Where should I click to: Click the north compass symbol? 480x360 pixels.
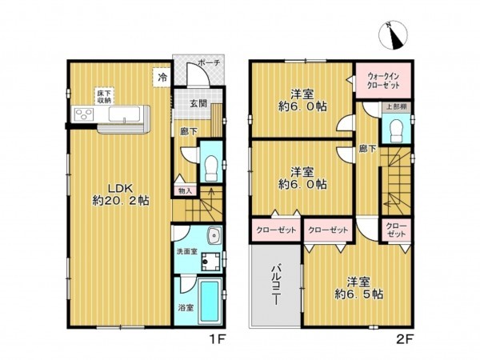click(393, 35)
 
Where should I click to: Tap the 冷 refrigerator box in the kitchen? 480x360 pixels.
click(162, 78)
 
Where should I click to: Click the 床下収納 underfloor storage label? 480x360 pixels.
click(104, 97)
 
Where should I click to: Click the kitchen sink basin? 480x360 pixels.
click(124, 114)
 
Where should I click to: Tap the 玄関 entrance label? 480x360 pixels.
click(198, 103)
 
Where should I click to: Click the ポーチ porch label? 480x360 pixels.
click(209, 63)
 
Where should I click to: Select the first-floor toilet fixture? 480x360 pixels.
click(211, 169)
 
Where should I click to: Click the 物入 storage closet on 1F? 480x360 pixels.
click(185, 191)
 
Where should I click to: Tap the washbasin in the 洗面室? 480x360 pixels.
click(215, 236)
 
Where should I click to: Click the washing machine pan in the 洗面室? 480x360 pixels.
click(210, 262)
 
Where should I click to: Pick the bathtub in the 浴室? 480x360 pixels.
click(210, 302)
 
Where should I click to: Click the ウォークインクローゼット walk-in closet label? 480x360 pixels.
click(383, 81)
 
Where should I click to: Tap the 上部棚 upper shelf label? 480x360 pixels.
click(397, 107)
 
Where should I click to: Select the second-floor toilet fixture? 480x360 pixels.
click(397, 130)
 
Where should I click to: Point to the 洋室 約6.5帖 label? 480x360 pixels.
click(358, 288)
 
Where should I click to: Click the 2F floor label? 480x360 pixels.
click(406, 339)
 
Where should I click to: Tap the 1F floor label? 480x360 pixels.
click(218, 339)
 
